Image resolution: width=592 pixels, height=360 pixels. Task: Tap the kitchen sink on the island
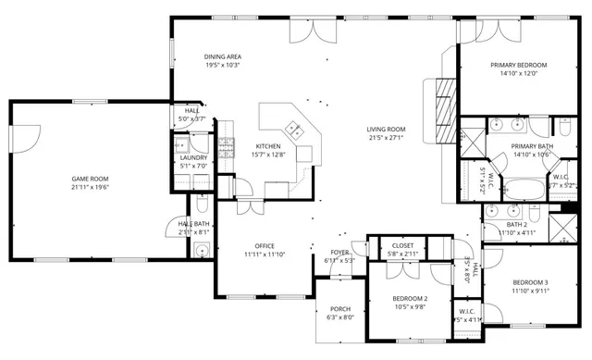coord(295,130)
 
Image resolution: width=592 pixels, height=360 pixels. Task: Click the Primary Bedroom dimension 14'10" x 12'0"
coord(518,73)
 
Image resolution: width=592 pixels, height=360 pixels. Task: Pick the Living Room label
coord(386,130)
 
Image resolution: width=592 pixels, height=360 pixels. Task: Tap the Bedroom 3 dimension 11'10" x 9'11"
coord(532,290)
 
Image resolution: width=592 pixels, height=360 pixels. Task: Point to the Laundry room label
coord(192,158)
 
